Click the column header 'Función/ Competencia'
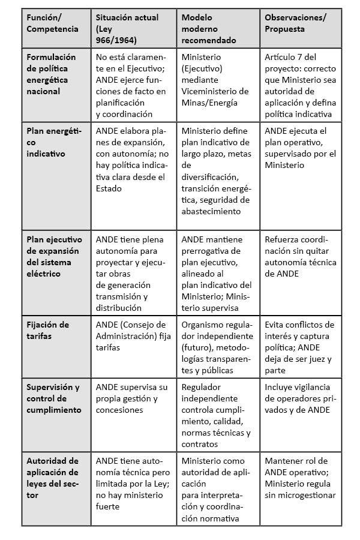52,23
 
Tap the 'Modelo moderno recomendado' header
208,29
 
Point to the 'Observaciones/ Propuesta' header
295,23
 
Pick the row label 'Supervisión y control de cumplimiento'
53,398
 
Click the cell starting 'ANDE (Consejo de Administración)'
131,336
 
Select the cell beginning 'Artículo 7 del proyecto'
300,85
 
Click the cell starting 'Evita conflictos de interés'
299,347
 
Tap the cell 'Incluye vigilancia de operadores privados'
299,398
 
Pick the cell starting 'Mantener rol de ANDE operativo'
300,478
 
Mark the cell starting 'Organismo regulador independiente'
216,347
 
